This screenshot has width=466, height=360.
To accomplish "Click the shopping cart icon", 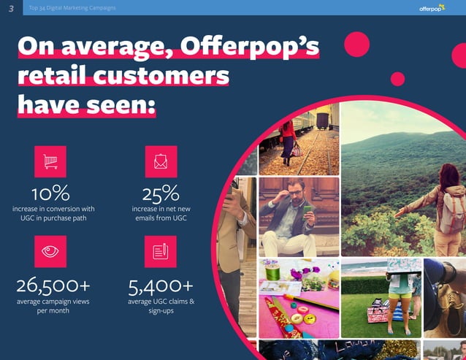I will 50,161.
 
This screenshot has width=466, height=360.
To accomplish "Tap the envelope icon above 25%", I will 161,161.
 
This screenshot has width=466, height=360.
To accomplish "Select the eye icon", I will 50,251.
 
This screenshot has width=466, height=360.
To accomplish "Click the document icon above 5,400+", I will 161,251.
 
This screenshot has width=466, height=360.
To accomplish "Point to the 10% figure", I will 50,194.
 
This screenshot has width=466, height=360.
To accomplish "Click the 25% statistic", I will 161,194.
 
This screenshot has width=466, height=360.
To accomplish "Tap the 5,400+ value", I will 161,284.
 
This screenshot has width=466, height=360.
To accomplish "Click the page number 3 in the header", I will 10,8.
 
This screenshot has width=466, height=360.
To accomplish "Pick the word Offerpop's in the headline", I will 260,47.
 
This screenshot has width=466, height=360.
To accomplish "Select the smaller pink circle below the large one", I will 398,79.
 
